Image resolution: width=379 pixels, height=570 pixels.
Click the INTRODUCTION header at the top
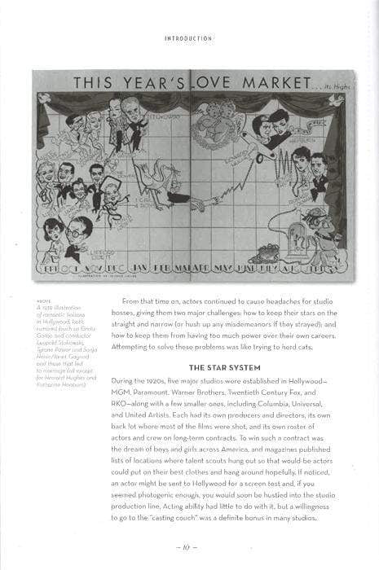[189, 37]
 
